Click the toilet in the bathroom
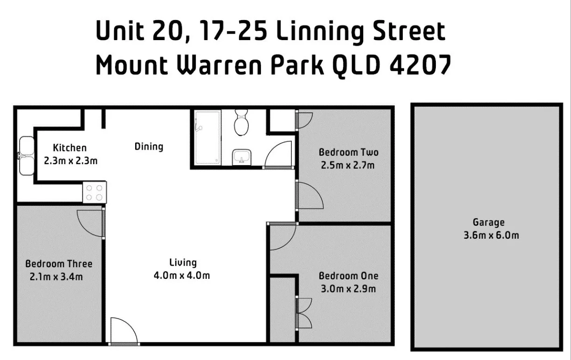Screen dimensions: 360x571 pos(241,123)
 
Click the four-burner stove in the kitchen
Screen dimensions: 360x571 pos(95,192)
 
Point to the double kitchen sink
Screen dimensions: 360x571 pos(26,156)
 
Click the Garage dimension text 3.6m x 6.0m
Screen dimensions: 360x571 pos(491,235)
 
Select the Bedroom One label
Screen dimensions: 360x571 pos(349,276)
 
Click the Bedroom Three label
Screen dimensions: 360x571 pos(59,264)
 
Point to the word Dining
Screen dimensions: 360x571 pos(149,146)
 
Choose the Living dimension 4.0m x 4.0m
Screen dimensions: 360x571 pos(182,276)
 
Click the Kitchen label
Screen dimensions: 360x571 pos(70,148)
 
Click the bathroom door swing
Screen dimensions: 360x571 pos(279,154)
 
